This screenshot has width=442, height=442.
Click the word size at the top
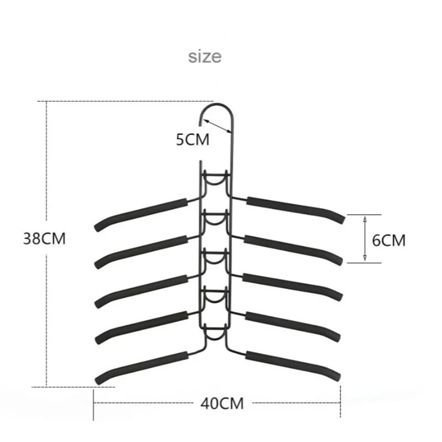click(205, 57)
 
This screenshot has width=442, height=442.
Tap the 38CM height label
click(44, 239)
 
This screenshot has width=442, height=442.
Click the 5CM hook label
click(192, 140)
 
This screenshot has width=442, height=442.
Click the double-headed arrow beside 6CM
click(365, 239)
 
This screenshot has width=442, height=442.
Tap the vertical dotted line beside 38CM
click(47, 309)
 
